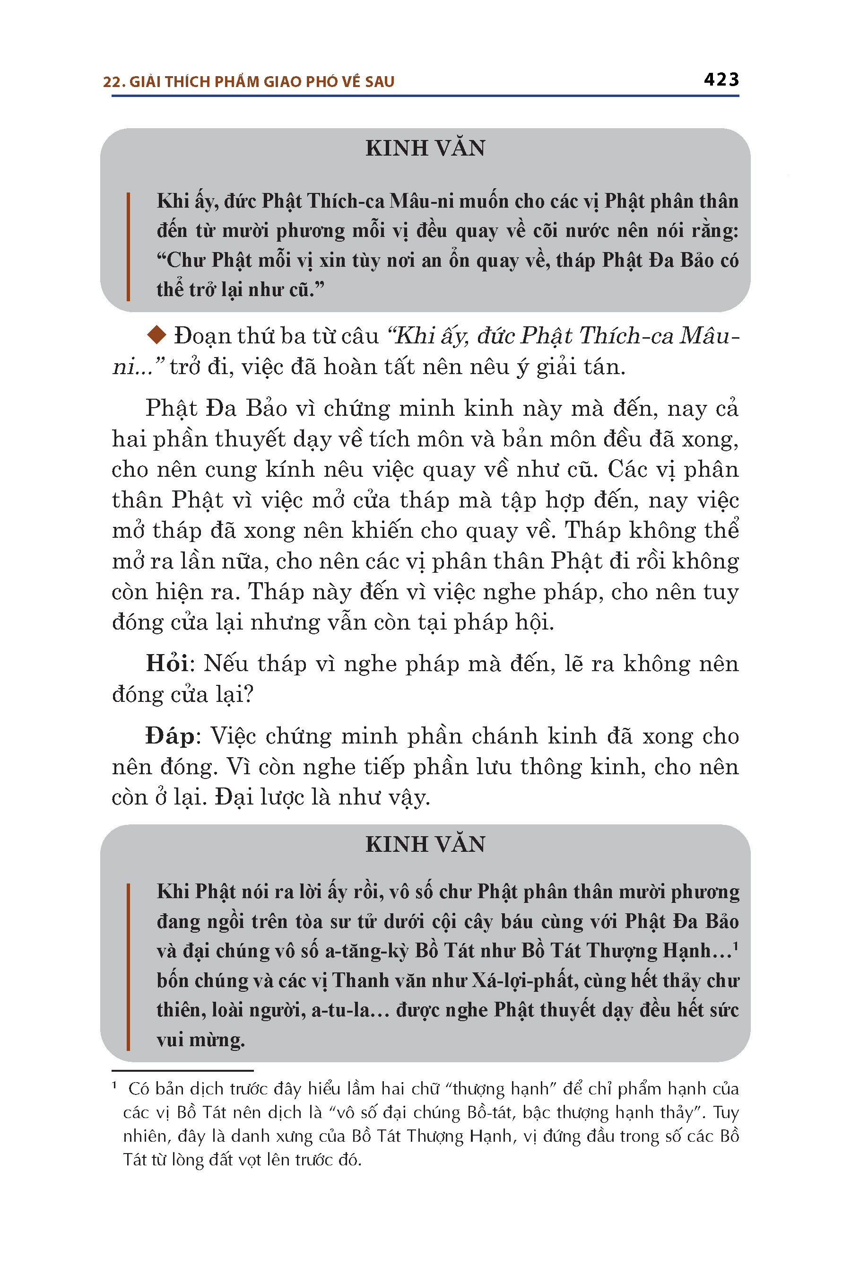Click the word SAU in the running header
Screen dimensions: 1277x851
pyautogui.click(x=380, y=82)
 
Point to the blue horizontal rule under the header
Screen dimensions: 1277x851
pyautogui.click(x=425, y=96)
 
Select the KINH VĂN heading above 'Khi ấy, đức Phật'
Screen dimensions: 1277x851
pyautogui.click(x=425, y=148)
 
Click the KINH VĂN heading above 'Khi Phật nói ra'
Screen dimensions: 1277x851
pyautogui.click(x=425, y=844)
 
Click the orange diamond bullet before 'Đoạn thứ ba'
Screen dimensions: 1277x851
pyautogui.click(x=156, y=335)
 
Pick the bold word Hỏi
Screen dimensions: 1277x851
pyautogui.click(x=166, y=664)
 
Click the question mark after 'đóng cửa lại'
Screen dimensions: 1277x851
pyautogui.click(x=249, y=695)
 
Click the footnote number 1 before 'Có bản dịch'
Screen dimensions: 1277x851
pyautogui.click(x=114, y=1085)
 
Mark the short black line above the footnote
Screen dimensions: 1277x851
pyautogui.click(x=182, y=1070)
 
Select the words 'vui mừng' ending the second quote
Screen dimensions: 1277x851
pyautogui.click(x=201, y=1040)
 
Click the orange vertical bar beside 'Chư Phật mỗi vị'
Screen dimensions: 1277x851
pyautogui.click(x=128, y=261)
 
